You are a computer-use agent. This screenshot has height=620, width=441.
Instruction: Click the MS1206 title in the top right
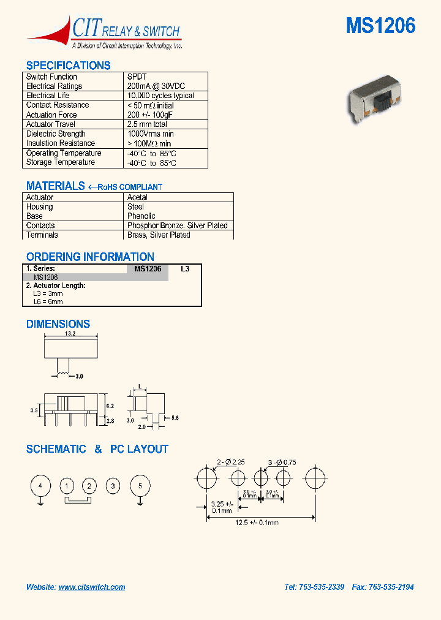(380, 26)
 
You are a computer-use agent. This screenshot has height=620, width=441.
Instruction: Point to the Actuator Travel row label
(51, 124)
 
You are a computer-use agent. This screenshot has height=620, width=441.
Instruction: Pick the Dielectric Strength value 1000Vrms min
(151, 134)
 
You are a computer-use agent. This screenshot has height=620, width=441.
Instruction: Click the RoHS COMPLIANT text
(130, 187)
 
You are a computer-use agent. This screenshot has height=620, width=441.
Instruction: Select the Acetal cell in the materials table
(137, 197)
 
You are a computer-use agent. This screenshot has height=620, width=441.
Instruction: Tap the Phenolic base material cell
(141, 216)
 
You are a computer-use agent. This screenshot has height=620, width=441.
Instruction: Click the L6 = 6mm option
(48, 301)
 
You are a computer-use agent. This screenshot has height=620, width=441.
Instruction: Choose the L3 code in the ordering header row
(185, 269)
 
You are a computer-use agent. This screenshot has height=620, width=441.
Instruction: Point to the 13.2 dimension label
(70, 335)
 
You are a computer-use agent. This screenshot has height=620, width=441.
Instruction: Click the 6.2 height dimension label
(110, 406)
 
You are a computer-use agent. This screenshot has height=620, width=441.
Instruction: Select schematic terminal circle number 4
(40, 486)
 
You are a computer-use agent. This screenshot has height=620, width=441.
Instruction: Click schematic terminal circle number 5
(140, 486)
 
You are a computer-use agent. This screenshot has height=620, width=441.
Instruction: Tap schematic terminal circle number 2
(89, 487)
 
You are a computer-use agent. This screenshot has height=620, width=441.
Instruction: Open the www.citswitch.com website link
(92, 587)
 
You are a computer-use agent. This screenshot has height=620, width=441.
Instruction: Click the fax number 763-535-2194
(390, 587)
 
